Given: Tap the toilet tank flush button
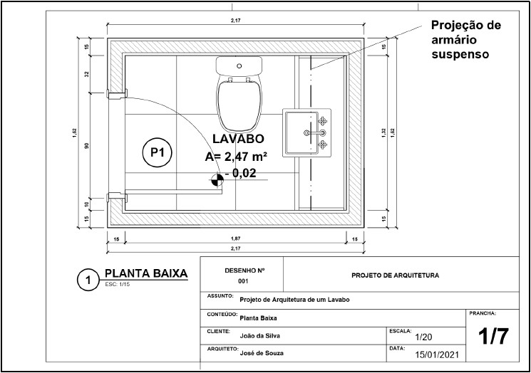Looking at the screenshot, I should pos(239,65).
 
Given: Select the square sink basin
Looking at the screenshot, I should pos(306,132).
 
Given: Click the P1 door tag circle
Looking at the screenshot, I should pos(157,152).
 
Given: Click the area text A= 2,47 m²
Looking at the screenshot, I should pos(236,156).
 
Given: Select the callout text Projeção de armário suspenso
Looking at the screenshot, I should pos(465,39).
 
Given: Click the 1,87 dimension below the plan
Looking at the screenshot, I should pos(235,238).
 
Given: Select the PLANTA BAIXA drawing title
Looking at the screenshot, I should pos(145,273).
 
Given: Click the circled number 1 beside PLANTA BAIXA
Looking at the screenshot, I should pos(88,280).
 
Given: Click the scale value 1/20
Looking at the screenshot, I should pos(423,337).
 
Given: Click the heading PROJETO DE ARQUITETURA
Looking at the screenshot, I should pos(396,275).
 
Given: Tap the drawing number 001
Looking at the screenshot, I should pos(243,281).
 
